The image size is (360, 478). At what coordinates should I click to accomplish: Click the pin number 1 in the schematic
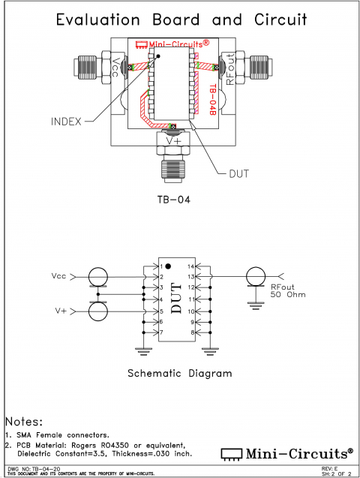(160, 266)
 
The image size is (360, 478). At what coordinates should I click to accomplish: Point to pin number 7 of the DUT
(160, 332)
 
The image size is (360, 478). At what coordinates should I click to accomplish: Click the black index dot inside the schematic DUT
(169, 266)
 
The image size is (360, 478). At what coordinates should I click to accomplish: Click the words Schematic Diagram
(179, 373)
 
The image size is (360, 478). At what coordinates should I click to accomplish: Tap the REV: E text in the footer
(334, 469)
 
